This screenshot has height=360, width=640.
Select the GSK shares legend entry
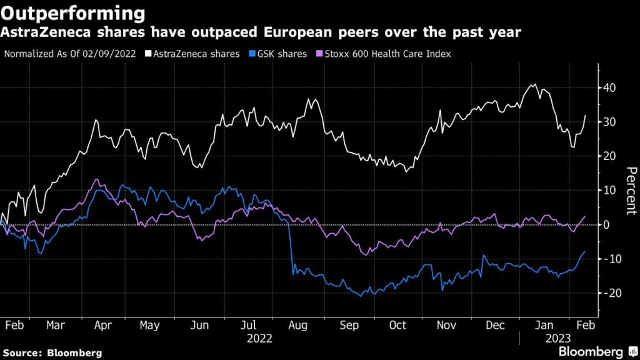tap(279, 54)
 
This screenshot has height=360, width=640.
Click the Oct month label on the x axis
tap(397, 325)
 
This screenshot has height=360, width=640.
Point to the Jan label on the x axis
tap(545, 325)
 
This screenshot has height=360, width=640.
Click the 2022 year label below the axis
tap(260, 339)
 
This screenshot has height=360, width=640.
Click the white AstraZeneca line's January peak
tap(534, 84)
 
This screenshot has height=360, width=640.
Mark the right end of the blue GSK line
tap(585, 251)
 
